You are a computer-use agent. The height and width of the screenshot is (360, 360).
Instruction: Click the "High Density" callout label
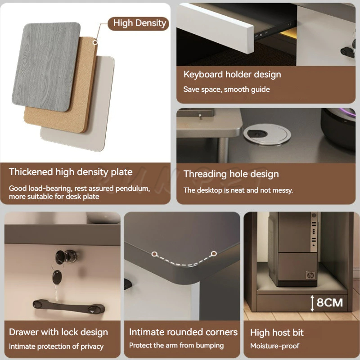[x=139, y=23]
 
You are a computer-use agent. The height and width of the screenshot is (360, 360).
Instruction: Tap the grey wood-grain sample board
[x=46, y=67]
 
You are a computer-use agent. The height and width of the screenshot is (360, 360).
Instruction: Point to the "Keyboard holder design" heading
[x=232, y=75]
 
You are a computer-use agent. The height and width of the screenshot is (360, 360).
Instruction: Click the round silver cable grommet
[x=267, y=134]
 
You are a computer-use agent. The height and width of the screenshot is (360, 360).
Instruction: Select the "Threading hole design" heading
[x=231, y=174]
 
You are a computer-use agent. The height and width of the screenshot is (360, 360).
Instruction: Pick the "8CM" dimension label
[x=330, y=302]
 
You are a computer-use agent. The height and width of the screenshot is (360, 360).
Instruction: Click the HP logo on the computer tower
[x=310, y=275]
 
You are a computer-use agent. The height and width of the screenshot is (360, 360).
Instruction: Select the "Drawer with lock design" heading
[x=58, y=332]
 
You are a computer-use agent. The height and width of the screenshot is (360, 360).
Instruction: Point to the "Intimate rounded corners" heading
[x=183, y=332]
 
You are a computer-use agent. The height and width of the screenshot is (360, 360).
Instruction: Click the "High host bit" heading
[x=277, y=333]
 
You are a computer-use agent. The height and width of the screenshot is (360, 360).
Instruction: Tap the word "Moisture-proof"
[x=275, y=346]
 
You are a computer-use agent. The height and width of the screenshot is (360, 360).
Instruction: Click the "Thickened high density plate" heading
[x=71, y=172]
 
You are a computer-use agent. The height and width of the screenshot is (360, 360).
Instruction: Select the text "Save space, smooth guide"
[x=226, y=89]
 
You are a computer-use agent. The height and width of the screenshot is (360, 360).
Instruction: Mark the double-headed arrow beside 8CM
[x=312, y=303]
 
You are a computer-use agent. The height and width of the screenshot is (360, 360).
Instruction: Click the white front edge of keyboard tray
[x=216, y=29]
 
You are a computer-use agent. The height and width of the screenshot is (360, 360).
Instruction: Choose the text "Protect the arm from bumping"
[x=176, y=345]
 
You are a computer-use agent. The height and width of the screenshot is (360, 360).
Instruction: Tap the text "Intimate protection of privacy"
[x=56, y=346]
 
